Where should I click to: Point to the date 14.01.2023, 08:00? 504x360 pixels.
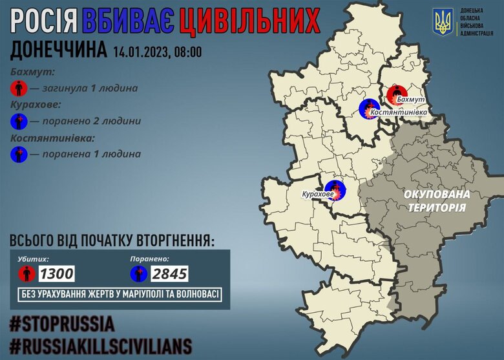(x=157, y=52)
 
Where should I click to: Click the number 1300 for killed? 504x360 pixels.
(x=56, y=274)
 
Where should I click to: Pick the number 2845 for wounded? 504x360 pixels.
(x=169, y=274)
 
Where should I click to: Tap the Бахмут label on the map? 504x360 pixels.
(x=413, y=100)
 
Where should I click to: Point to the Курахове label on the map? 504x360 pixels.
(x=318, y=194)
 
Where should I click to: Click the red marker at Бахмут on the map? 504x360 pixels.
(x=397, y=94)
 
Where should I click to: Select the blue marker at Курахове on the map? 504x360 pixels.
(x=336, y=190)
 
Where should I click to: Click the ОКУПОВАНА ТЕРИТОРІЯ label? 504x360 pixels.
(x=436, y=201)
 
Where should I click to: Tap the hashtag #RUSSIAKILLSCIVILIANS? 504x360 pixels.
(x=101, y=344)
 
